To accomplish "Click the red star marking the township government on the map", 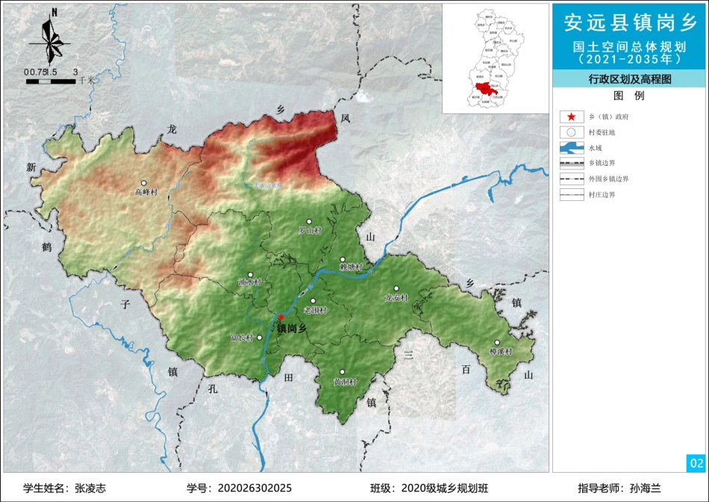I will pyautogui.click(x=281, y=317).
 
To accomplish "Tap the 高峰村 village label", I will pyautogui.click(x=146, y=192).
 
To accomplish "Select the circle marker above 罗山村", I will pyautogui.click(x=317, y=222).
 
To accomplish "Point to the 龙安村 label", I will pyautogui.click(x=396, y=298).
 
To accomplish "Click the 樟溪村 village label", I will pyautogui.click(x=501, y=351).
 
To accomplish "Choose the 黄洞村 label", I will pyautogui.click(x=345, y=382).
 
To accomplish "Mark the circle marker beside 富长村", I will pyautogui.click(x=260, y=338).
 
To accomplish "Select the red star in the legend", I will pyautogui.click(x=571, y=117).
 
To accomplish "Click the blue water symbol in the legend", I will pyautogui.click(x=571, y=148).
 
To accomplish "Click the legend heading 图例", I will pyautogui.click(x=628, y=96).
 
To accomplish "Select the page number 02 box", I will pyautogui.click(x=696, y=463).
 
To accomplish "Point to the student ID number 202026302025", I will pyautogui.click(x=254, y=488).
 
